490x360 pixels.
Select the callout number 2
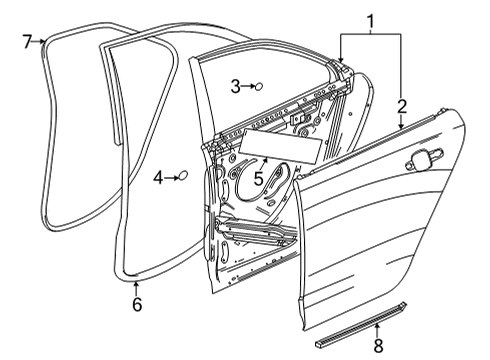click(x=401, y=106)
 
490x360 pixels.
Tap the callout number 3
click(x=235, y=87)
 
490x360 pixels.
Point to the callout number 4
click(x=158, y=179)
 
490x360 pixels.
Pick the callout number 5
click(x=258, y=180)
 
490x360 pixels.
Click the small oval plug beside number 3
click(x=258, y=87)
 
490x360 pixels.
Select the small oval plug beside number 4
click(x=182, y=177)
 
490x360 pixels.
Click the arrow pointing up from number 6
click(x=136, y=287)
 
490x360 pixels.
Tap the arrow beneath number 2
click(x=401, y=124)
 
